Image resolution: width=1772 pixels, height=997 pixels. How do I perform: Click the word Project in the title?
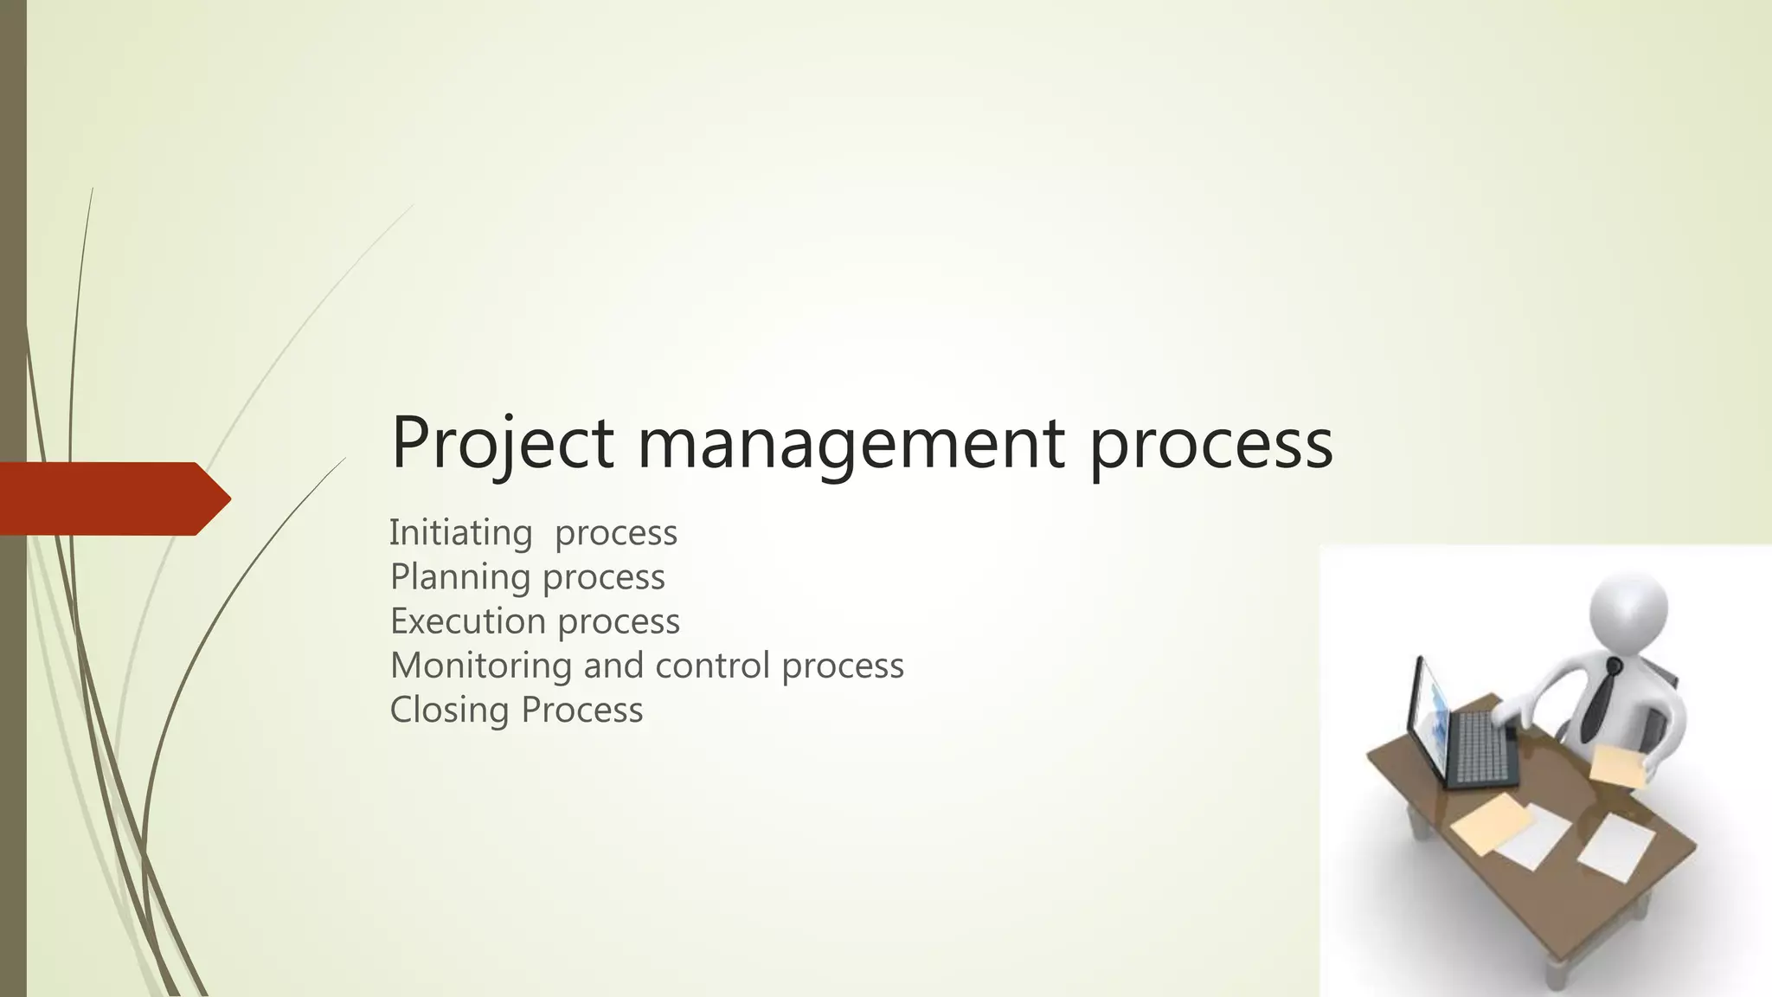(x=502, y=443)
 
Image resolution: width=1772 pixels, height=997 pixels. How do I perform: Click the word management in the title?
(x=851, y=443)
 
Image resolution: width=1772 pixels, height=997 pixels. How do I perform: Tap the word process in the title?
(x=1210, y=443)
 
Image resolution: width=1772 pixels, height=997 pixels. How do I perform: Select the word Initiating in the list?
(x=460, y=532)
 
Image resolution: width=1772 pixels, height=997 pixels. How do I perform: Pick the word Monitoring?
(x=480, y=665)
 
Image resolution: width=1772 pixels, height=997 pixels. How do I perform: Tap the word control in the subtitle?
(x=712, y=665)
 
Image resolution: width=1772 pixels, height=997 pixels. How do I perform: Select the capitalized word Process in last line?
(x=581, y=710)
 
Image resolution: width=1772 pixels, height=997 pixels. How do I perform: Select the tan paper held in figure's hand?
(x=1617, y=766)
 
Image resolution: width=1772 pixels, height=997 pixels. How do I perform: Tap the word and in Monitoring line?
(x=616, y=665)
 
